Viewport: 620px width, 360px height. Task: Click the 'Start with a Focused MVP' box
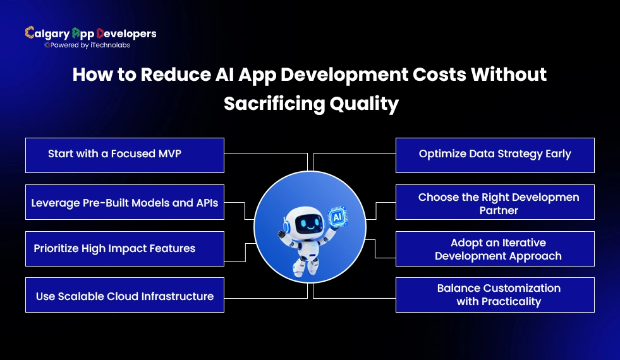point(125,155)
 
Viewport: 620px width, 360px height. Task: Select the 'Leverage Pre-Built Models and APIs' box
point(125,202)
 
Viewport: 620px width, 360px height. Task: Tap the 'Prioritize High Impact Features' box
point(125,248)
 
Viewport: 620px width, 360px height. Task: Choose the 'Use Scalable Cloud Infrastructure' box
point(125,295)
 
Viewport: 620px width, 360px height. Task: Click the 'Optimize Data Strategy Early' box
point(495,155)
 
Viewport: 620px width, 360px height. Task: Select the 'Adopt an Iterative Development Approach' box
point(495,248)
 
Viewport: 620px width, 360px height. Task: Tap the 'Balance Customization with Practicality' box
point(495,295)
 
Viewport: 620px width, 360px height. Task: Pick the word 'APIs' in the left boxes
point(205,203)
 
